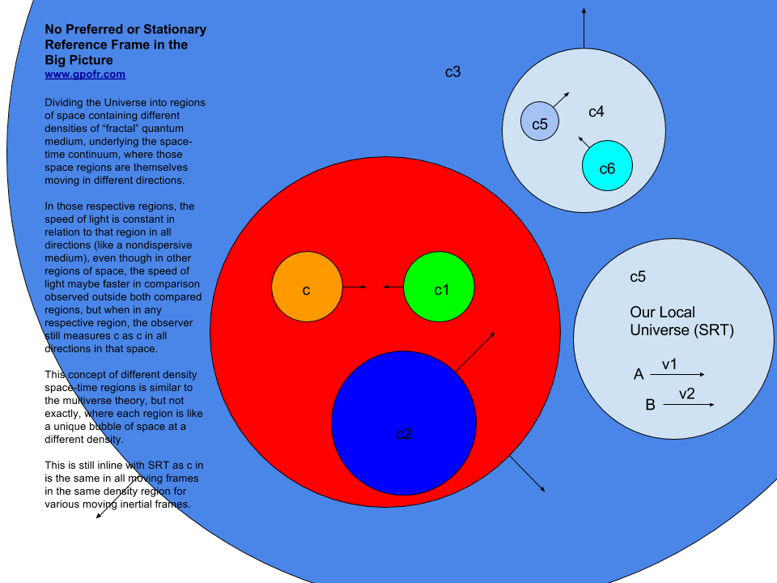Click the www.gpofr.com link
(x=85, y=74)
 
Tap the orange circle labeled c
(x=308, y=287)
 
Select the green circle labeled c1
(x=439, y=287)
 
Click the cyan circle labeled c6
(x=607, y=165)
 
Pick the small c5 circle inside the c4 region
(x=540, y=121)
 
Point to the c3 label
(x=453, y=72)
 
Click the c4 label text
(x=597, y=112)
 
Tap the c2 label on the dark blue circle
(x=404, y=434)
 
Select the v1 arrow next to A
(x=677, y=374)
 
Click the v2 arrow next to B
(x=689, y=405)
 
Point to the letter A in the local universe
(x=639, y=374)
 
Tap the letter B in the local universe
(x=651, y=405)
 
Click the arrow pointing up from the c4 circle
(x=584, y=28)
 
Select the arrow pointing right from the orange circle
(x=355, y=287)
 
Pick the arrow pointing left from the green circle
(x=393, y=287)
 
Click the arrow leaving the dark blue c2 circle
(x=475, y=352)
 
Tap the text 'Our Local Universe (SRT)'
(x=681, y=321)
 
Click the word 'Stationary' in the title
(x=175, y=30)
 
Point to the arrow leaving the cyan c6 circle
(x=584, y=143)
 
